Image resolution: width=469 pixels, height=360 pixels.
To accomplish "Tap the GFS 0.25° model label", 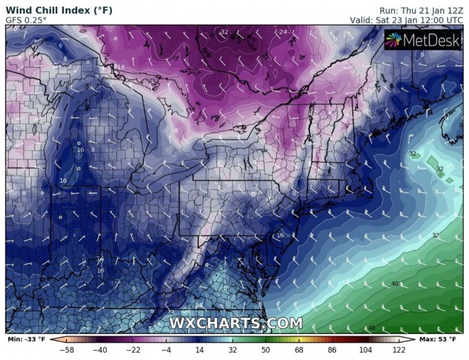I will point(27,20).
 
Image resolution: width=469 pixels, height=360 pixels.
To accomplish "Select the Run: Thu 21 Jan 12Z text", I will point(421,10).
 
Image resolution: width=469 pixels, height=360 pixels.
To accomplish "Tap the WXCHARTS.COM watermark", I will point(235,323).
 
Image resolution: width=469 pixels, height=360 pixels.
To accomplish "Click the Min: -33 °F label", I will point(27,339).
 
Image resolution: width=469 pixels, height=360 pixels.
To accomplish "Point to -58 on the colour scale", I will point(66,350).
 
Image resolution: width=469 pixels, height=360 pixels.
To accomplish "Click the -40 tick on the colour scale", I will point(100,350).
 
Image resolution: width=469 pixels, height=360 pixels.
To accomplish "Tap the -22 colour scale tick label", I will point(133,350).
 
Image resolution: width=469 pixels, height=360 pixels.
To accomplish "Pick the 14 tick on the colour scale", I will point(199,350).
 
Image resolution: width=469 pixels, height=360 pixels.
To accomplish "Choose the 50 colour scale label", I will point(265,350).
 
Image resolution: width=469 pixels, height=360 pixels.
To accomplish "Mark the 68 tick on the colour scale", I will point(298,350).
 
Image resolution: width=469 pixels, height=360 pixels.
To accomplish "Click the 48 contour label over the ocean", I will point(371,328).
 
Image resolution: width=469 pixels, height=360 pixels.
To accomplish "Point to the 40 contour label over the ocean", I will point(395,284).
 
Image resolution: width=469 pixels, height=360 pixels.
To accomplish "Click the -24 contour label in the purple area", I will point(283,32).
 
